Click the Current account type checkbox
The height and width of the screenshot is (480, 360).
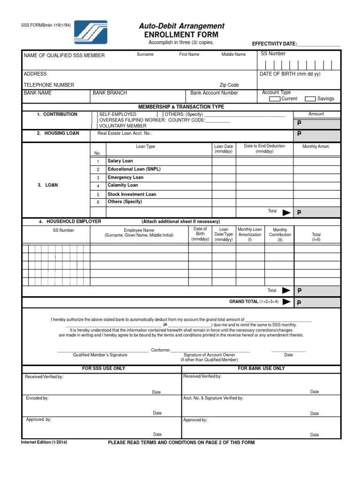[x=275, y=99]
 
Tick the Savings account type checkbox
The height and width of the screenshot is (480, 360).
[x=310, y=99]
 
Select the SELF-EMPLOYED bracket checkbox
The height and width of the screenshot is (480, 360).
[x=95, y=114]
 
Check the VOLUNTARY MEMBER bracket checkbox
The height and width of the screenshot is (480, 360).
[x=95, y=126]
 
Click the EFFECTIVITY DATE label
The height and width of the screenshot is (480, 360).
[x=274, y=44]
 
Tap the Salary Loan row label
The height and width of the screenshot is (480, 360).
[x=120, y=161]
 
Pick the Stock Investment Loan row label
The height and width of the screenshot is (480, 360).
[x=132, y=194]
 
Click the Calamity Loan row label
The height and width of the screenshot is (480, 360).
[x=123, y=185]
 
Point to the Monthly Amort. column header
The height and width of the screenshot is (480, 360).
[x=316, y=147]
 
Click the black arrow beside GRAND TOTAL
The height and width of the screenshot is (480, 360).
[x=286, y=302]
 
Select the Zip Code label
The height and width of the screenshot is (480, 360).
[x=229, y=85]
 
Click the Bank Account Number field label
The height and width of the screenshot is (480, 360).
[x=214, y=93]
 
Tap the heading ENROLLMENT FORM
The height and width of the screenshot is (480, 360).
[x=178, y=35]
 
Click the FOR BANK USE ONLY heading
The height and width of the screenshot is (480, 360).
[x=261, y=368]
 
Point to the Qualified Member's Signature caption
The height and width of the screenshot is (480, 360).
[x=100, y=355]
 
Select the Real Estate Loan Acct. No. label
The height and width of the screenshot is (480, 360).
[x=124, y=134]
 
